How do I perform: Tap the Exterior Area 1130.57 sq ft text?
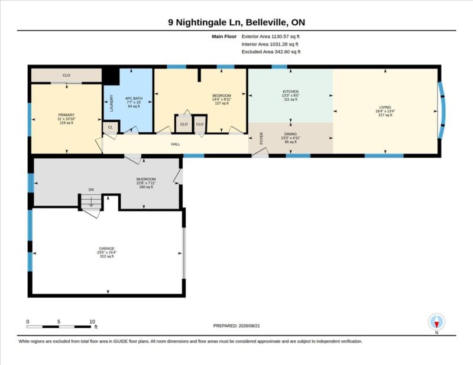271,37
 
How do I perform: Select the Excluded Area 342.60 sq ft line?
271,51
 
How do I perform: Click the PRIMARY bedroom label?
66,115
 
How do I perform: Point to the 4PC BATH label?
134,99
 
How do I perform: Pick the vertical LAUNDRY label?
112,103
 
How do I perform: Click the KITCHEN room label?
290,92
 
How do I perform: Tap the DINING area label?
290,134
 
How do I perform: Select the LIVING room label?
385,107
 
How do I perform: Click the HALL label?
176,144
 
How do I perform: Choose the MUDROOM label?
146,179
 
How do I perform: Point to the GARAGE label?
107,249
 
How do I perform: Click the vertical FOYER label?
261,138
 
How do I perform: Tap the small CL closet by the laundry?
111,127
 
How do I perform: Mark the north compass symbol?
436,322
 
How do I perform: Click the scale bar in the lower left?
59,327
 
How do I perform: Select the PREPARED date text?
237,326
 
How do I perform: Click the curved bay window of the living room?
442,110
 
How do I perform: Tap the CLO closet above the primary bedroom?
66,75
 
